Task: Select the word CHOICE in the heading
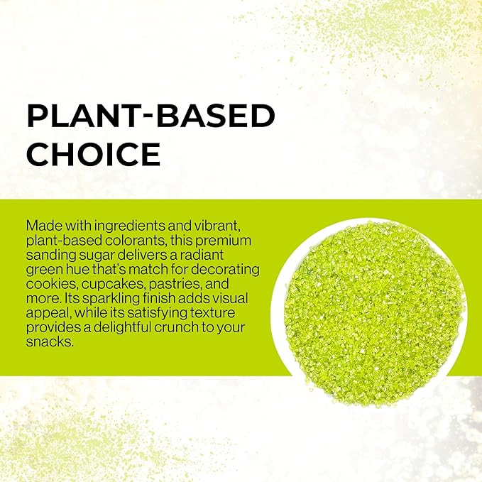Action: (x=94, y=154)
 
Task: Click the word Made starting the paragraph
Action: (x=43, y=226)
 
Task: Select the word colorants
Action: (x=136, y=241)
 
